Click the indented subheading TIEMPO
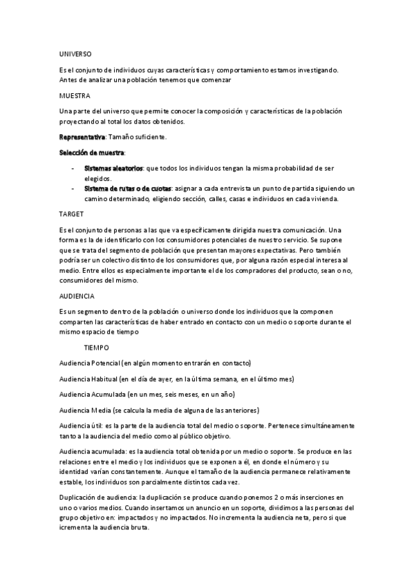[96, 348]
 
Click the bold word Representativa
[82, 137]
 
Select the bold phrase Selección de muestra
[92, 152]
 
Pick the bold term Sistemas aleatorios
[113, 168]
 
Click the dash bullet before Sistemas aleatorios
[73, 168]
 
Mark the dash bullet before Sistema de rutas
[73, 188]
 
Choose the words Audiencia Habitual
[88, 379]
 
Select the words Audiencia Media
[84, 410]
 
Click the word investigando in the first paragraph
[317, 69]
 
